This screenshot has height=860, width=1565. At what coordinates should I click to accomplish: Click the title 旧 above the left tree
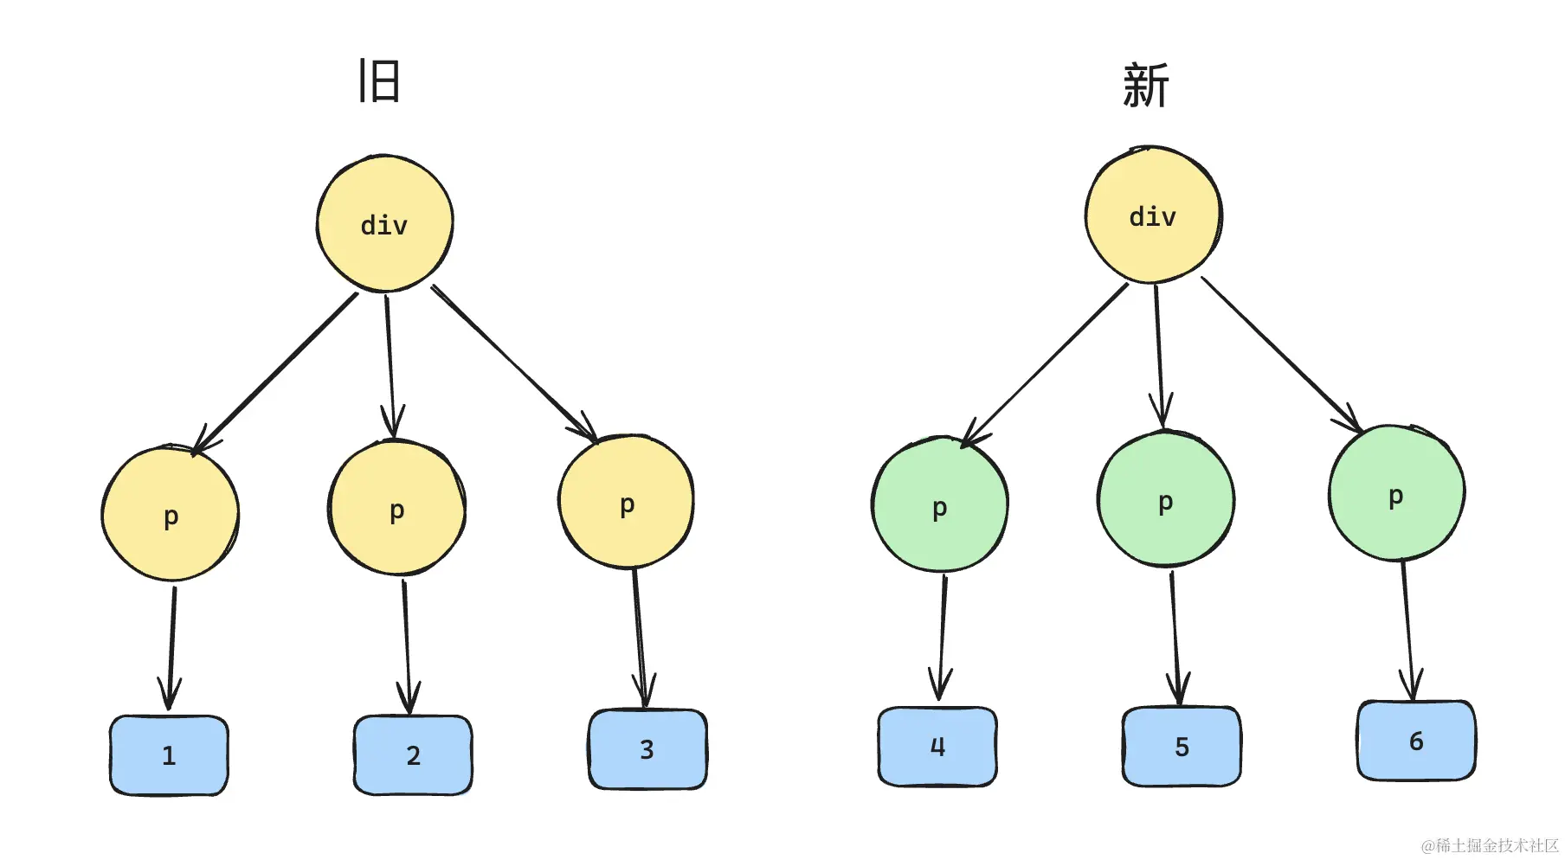point(379,81)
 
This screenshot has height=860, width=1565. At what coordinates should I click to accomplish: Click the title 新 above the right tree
point(1146,86)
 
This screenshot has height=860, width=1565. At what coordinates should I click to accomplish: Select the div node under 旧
point(384,224)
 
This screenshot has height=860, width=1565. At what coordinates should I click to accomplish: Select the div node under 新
point(1153,215)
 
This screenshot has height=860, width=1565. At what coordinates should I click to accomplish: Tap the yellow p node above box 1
point(171,515)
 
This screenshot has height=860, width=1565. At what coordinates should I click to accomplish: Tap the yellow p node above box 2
point(397,509)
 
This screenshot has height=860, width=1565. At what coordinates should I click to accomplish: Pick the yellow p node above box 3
point(627,503)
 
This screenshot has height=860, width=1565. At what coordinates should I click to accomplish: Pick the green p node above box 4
point(940,505)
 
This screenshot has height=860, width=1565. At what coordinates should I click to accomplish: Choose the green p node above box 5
point(1166,500)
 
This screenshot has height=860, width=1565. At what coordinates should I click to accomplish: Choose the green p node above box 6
point(1396,494)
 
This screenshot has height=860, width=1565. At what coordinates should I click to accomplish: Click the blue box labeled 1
point(169,755)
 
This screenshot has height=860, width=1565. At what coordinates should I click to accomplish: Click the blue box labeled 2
point(413,755)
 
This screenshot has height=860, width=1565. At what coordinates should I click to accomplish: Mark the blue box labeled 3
point(647,749)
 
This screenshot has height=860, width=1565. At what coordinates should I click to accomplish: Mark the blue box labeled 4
point(937,747)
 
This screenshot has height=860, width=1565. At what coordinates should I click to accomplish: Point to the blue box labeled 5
point(1182,747)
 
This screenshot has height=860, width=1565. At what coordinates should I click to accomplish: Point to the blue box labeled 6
point(1416,741)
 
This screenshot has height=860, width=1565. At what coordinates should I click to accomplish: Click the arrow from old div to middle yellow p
point(390,363)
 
